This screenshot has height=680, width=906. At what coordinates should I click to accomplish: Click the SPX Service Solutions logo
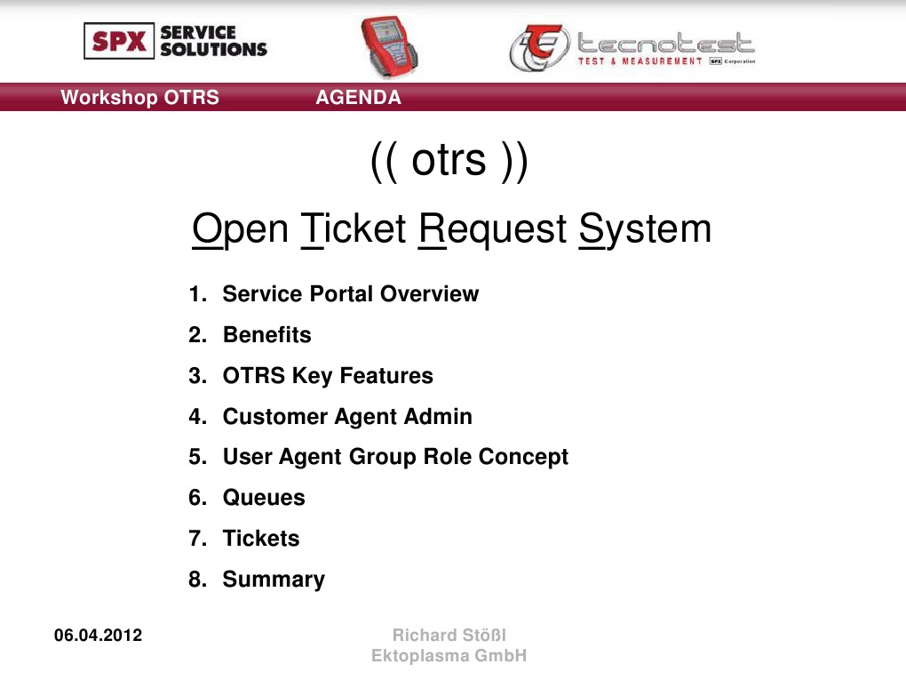176,41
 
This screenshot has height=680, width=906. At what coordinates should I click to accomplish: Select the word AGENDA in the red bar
359,98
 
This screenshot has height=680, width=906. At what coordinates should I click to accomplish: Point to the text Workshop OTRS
139,98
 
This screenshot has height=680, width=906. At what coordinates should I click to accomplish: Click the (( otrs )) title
449,161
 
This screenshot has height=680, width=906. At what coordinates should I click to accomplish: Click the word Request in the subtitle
492,229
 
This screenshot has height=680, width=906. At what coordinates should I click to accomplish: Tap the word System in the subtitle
645,229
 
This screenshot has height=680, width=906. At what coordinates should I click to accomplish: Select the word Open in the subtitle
240,229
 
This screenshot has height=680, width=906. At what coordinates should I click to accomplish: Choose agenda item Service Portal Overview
350,294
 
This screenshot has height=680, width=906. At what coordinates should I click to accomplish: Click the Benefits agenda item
266,335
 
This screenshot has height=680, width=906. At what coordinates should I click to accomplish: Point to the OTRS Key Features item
328,376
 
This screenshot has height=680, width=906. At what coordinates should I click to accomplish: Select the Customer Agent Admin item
347,417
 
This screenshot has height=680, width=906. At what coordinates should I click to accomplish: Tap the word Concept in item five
523,457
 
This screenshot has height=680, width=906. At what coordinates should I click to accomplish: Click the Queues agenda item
264,498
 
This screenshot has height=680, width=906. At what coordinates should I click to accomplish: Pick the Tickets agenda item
261,539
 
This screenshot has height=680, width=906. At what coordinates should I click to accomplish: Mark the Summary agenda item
274,580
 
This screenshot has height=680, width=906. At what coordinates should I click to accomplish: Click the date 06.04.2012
98,636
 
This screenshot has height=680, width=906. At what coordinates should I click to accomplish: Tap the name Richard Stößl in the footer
449,636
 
